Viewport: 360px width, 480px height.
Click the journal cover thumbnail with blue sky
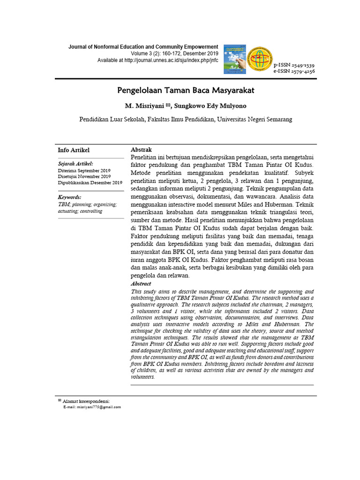click(235, 59)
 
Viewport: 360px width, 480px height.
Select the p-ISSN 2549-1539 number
click(294, 65)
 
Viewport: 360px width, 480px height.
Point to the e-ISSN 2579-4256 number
click(294, 71)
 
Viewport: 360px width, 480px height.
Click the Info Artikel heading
click(74, 150)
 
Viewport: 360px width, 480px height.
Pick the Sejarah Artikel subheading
click(75, 164)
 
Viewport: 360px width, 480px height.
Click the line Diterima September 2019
click(84, 170)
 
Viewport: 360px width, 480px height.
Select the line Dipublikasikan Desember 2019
click(90, 182)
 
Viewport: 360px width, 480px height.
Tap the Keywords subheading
click(69, 197)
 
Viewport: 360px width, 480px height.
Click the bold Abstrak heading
click(141, 150)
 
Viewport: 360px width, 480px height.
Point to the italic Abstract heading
click(141, 284)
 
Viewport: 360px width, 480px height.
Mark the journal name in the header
click(143, 47)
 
